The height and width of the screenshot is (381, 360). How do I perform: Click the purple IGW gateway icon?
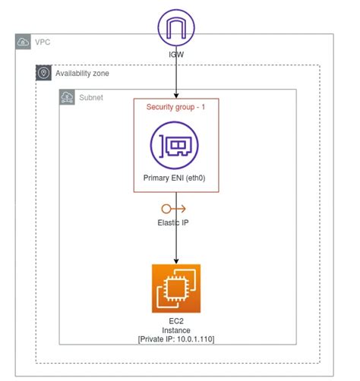(176, 29)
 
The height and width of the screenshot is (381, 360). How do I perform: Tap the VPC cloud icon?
(23, 43)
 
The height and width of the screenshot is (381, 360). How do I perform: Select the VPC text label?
(43, 43)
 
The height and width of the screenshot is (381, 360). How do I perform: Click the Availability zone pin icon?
(43, 74)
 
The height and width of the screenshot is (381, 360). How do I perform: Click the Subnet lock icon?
(67, 98)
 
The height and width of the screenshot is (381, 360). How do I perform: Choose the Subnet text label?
(90, 98)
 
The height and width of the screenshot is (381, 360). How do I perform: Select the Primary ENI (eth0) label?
(176, 178)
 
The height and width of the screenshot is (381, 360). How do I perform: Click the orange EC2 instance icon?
(176, 288)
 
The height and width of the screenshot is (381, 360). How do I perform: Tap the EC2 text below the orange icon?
(176, 322)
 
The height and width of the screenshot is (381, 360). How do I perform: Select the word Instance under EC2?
(176, 331)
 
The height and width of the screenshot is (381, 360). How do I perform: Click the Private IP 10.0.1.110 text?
(176, 340)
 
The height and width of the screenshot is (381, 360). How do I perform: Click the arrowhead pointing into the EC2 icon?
(176, 260)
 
